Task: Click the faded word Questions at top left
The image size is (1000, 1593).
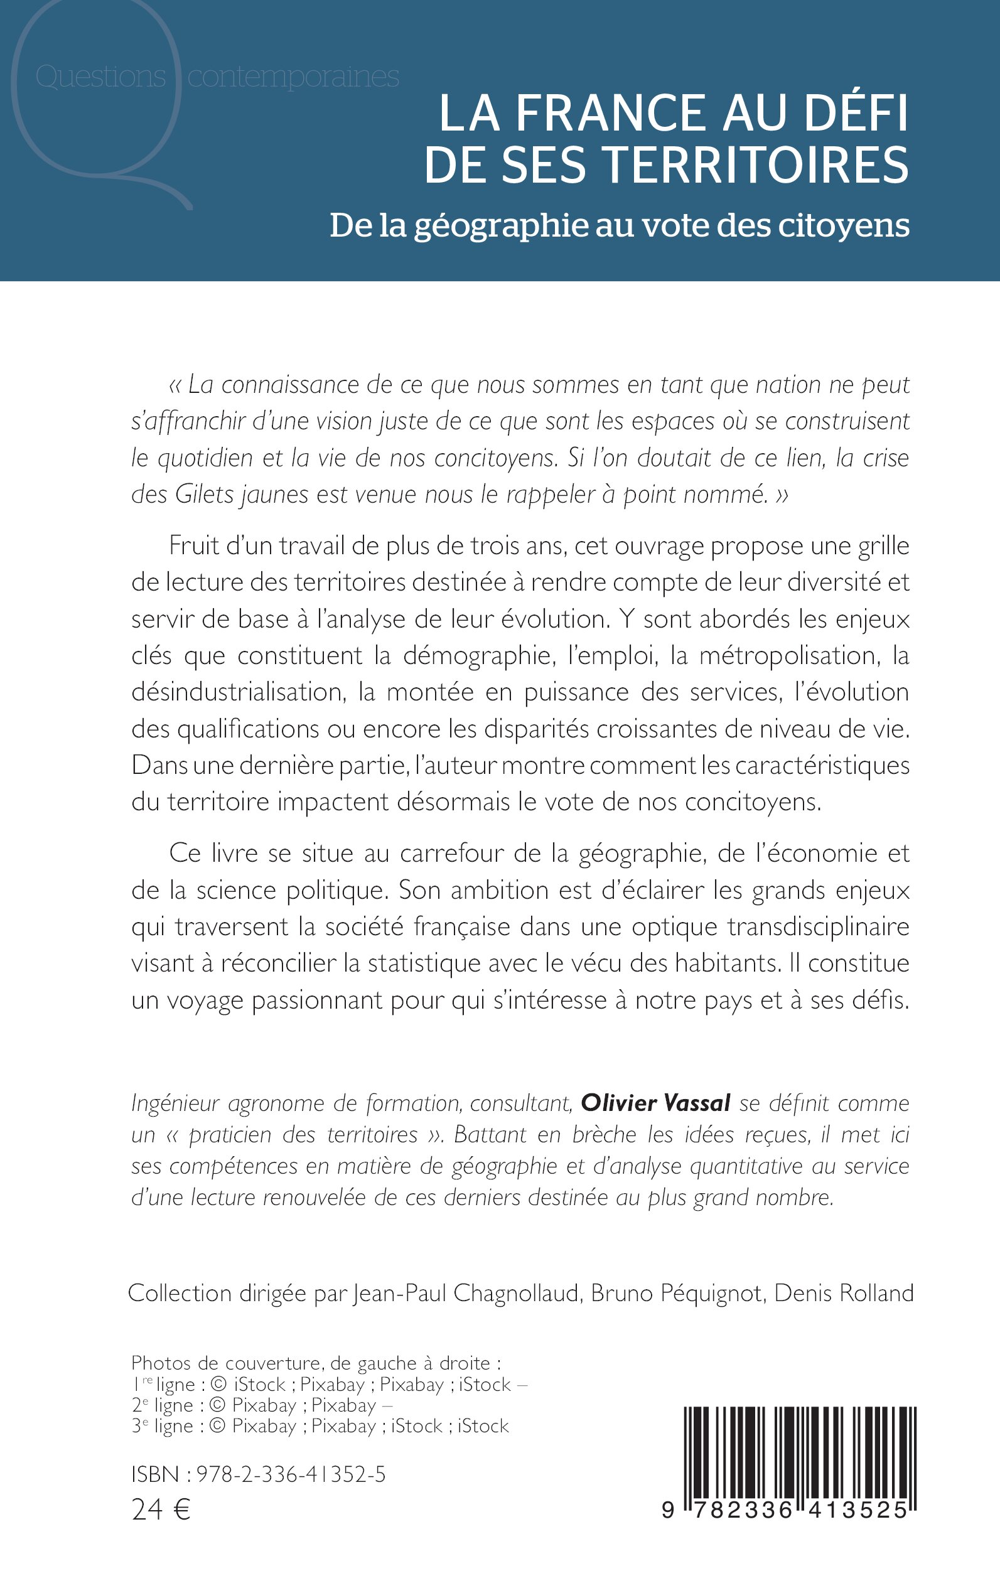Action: tap(100, 77)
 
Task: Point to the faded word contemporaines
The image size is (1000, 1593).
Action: tap(293, 77)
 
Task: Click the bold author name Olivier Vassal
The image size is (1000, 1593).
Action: tap(655, 1103)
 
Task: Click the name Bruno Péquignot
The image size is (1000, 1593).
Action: tap(676, 1293)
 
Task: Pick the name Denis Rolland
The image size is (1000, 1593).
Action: tap(843, 1293)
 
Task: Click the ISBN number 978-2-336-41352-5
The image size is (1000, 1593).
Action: tap(291, 1474)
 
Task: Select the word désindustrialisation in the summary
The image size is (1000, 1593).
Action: tap(236, 692)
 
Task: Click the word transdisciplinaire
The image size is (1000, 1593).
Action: tap(818, 926)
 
